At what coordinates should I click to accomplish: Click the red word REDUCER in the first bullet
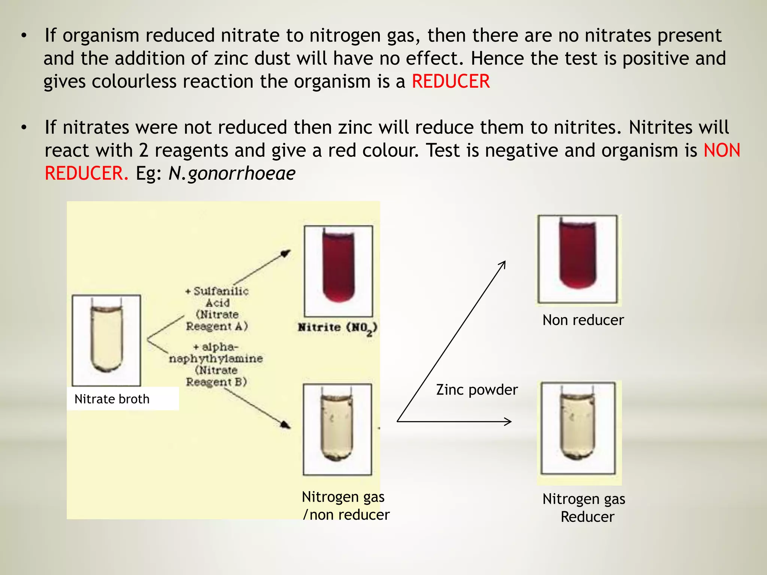point(451,82)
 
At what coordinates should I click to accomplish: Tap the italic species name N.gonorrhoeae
point(232,173)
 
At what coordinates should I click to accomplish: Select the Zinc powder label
point(477,390)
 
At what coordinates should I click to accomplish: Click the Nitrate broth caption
point(112,399)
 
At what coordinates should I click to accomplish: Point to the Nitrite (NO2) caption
point(337,328)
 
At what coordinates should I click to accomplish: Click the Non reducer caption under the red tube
point(583,320)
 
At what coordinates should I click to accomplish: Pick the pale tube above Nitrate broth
point(106,338)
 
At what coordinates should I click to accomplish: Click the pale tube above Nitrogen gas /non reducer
point(337,427)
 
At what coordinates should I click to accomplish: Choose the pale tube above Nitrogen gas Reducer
point(577,425)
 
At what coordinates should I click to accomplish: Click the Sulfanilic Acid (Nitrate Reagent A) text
point(217,308)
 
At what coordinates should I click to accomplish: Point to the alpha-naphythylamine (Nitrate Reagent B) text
point(216,364)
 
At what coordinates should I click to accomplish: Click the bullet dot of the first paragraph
point(24,36)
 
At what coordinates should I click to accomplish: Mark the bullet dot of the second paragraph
point(24,128)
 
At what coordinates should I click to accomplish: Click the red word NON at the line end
point(722,150)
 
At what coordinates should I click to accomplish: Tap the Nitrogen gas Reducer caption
point(584,508)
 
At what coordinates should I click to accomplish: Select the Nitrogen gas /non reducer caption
point(345,506)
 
